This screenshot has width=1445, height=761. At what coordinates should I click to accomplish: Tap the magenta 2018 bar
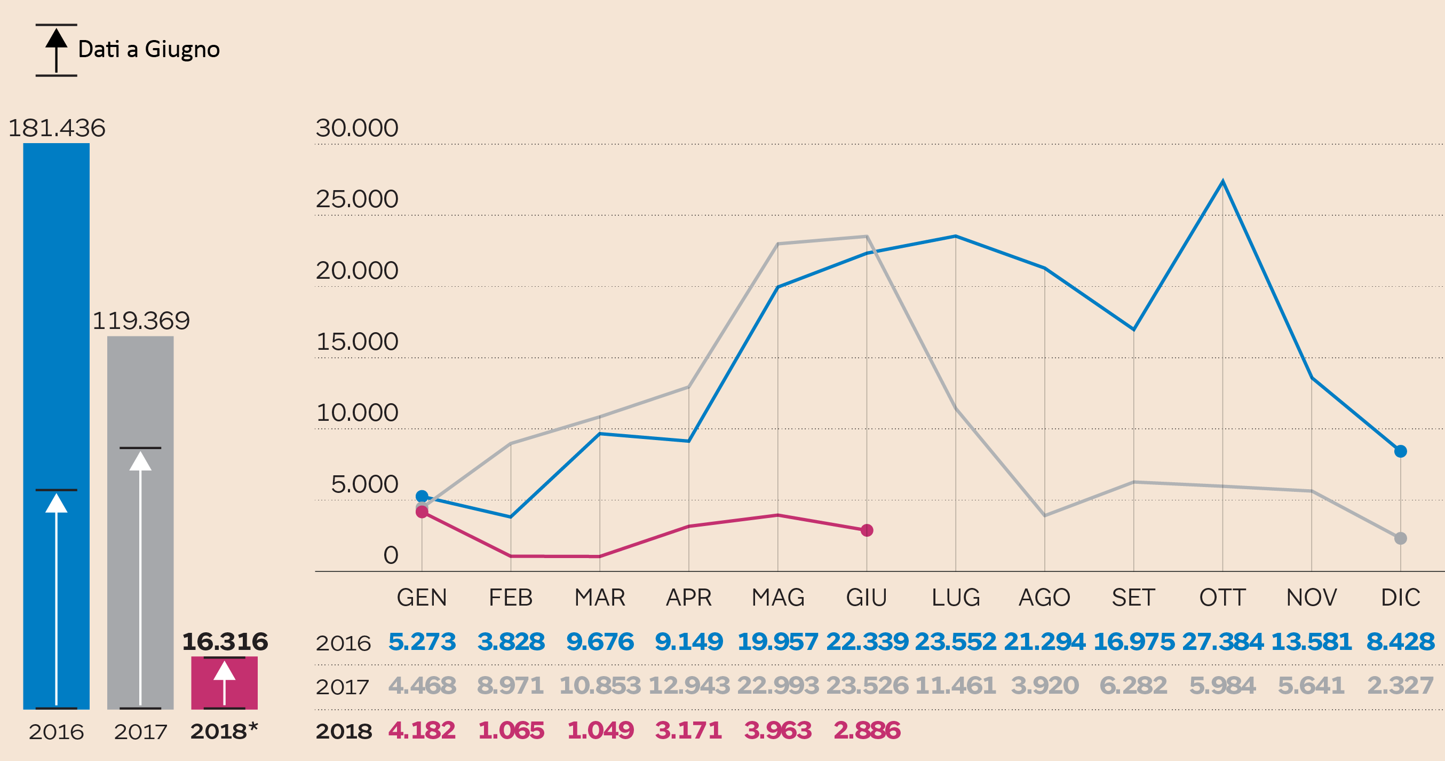click(224, 682)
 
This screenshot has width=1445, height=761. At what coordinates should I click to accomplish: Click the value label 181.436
click(57, 128)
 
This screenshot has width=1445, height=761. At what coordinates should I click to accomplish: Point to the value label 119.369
click(141, 321)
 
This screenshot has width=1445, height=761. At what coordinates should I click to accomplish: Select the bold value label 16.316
click(225, 641)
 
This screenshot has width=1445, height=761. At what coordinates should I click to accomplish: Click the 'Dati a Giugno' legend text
click(149, 49)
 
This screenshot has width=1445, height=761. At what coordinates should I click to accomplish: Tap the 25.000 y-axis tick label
click(357, 199)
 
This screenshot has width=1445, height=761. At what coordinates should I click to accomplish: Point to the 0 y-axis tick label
click(391, 555)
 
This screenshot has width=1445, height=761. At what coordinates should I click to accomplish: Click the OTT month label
click(1222, 598)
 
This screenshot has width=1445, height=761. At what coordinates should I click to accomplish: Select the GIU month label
click(867, 598)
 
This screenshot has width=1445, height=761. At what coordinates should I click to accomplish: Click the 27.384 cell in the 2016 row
click(1222, 641)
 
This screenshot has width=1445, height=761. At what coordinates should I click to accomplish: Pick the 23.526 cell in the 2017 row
click(867, 685)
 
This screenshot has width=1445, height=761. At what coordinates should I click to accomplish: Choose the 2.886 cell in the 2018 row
click(867, 730)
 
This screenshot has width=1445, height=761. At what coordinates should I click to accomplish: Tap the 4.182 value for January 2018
click(422, 730)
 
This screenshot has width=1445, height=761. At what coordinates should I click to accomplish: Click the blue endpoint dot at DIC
click(1400, 451)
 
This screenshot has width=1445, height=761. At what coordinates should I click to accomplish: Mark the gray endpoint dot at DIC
click(1400, 538)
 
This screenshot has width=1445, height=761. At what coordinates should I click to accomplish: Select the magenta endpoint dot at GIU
click(867, 530)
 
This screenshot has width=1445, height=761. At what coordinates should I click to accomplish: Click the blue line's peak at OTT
click(1222, 181)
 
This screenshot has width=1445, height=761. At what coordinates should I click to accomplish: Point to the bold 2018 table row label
click(344, 731)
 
